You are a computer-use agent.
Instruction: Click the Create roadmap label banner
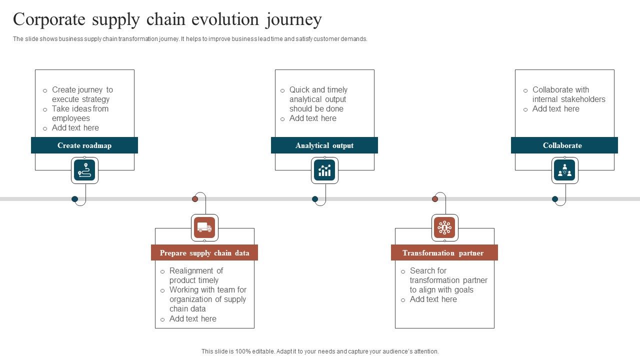(x=84, y=145)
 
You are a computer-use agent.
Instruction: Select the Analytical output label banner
(x=324, y=145)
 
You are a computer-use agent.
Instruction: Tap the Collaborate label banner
(x=564, y=145)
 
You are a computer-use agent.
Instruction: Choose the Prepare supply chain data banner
(x=204, y=253)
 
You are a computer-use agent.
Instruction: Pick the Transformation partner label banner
(x=444, y=253)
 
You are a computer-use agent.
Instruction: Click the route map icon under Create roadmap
(x=84, y=170)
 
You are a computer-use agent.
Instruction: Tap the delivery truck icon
(x=204, y=227)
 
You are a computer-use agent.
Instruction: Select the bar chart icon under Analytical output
(x=324, y=170)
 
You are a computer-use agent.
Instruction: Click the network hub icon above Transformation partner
(x=444, y=227)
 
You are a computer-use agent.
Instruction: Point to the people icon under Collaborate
(x=564, y=170)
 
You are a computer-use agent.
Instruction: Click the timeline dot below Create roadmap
(x=75, y=199)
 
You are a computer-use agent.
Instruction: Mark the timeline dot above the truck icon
(x=195, y=199)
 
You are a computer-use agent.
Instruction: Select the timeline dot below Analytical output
(x=315, y=199)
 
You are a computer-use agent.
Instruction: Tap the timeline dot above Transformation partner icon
(x=435, y=199)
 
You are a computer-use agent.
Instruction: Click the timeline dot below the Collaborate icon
(x=555, y=199)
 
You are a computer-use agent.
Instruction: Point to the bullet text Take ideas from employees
(x=80, y=113)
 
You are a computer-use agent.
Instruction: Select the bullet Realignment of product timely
(x=196, y=275)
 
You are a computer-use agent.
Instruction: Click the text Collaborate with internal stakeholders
(x=568, y=94)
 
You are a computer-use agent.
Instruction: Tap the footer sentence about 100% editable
(x=320, y=351)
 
